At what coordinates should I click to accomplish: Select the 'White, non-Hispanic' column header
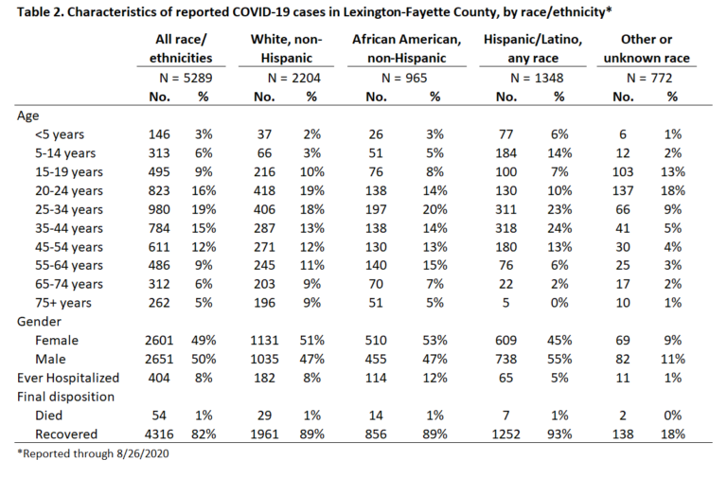(286, 48)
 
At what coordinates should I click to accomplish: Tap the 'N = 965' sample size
(404, 78)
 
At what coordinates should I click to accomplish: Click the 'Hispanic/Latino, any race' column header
(533, 48)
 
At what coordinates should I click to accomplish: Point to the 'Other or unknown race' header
(647, 48)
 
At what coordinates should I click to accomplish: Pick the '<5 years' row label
(60, 134)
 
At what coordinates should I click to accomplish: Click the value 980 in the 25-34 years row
(159, 209)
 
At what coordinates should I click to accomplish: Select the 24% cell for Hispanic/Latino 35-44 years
(559, 228)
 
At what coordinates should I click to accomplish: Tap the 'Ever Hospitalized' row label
(68, 379)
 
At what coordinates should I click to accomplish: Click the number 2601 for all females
(159, 341)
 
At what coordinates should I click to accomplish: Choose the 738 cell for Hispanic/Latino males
(505, 360)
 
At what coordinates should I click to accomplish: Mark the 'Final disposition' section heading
(65, 398)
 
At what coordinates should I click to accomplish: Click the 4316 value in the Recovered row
(159, 434)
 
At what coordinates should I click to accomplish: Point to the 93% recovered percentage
(559, 434)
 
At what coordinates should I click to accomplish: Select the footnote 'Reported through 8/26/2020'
(95, 453)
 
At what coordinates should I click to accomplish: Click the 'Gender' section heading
(39, 322)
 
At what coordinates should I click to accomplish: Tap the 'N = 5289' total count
(186, 78)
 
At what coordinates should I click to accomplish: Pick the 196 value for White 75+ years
(264, 303)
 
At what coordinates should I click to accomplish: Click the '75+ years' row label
(63, 303)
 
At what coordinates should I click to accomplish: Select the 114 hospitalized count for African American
(376, 379)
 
